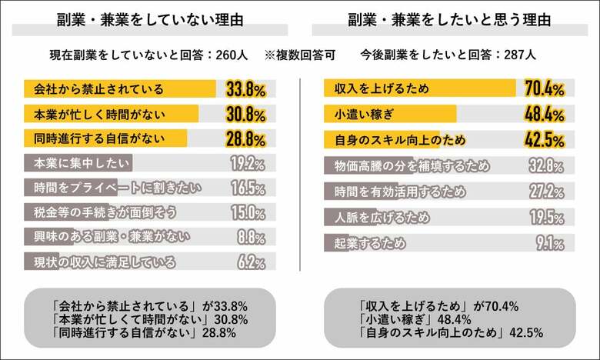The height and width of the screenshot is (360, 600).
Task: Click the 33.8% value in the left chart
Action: pyautogui.click(x=245, y=89)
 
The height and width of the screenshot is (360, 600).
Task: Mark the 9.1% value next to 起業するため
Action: pyautogui.click(x=549, y=243)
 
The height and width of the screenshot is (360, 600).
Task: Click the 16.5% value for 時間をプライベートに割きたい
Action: pyautogui.click(x=247, y=188)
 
